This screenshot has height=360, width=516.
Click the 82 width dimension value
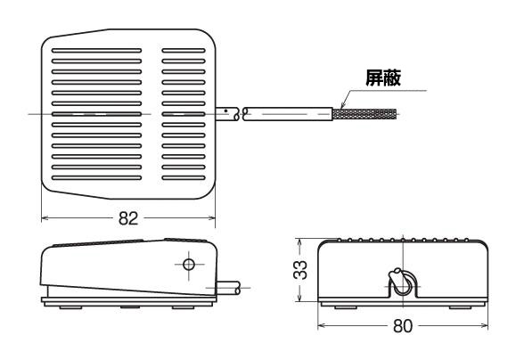pyautogui.click(x=128, y=218)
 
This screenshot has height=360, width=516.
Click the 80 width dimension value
pyautogui.click(x=403, y=326)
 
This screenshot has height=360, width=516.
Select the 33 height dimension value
pyautogui.click(x=300, y=270)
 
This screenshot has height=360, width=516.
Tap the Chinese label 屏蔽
pyautogui.click(x=383, y=78)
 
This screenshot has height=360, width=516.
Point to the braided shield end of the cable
pyautogui.click(x=364, y=115)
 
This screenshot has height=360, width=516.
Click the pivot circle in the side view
pyautogui.click(x=189, y=264)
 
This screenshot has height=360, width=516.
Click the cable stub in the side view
pyautogui.click(x=228, y=288)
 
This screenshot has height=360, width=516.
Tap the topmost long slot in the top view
pyautogui.click(x=96, y=51)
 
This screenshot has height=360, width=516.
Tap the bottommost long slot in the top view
pyautogui.click(x=96, y=178)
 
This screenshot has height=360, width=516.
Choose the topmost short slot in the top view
pyautogui.click(x=184, y=51)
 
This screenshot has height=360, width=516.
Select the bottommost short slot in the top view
pyautogui.click(x=184, y=178)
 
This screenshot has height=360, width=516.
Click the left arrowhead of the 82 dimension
pyautogui.click(x=45, y=217)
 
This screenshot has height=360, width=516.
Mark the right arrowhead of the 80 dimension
pyautogui.click(x=484, y=326)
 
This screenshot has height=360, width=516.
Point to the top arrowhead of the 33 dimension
pyautogui.click(x=299, y=241)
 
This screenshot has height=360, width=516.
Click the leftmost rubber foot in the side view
pyautogui.click(x=70, y=307)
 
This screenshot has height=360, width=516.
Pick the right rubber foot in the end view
pyautogui.click(x=461, y=307)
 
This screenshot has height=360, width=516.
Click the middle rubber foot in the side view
pyautogui.click(x=130, y=307)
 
